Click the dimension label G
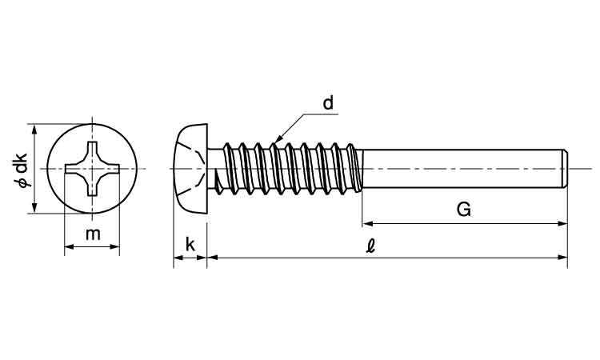463,210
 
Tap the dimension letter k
190,243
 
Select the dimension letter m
93,234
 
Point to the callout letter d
327,103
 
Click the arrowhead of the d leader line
277,141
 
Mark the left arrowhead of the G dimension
366,223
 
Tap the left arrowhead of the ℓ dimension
211,258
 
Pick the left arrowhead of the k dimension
178,258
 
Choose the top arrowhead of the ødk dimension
33,129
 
